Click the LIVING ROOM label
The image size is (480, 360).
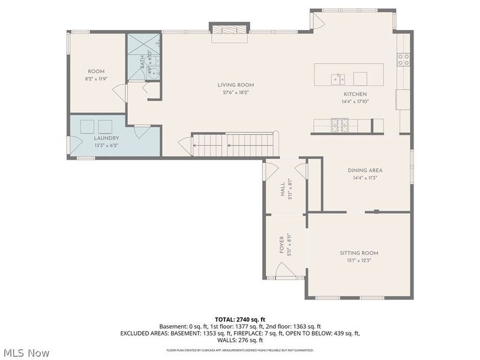click(236, 85)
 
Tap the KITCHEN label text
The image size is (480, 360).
click(355, 94)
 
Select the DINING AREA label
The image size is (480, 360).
click(365, 170)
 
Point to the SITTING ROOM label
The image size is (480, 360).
click(359, 253)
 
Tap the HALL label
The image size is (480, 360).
click(283, 190)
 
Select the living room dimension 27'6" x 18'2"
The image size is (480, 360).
click(236, 92)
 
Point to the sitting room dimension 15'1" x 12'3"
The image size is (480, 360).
click(359, 260)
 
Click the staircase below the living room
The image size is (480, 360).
click(234, 144)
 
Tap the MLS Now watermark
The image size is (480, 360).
click(26, 353)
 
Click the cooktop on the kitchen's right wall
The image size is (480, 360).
click(403, 59)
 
